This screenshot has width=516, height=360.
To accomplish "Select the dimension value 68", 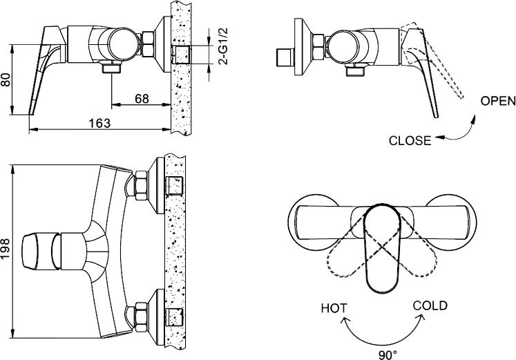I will pos(142,99).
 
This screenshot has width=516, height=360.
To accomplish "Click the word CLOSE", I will pos(410,141).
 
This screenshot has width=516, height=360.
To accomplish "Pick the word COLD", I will pos(430,305).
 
